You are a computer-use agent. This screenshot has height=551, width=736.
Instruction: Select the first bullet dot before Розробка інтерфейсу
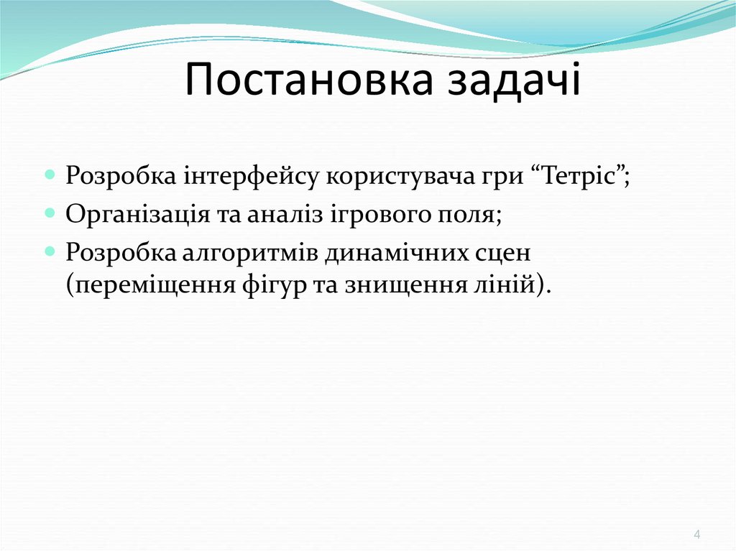[50, 175]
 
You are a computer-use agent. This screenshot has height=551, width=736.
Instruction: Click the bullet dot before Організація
[50, 213]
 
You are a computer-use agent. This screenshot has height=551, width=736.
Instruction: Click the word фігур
[267, 284]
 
